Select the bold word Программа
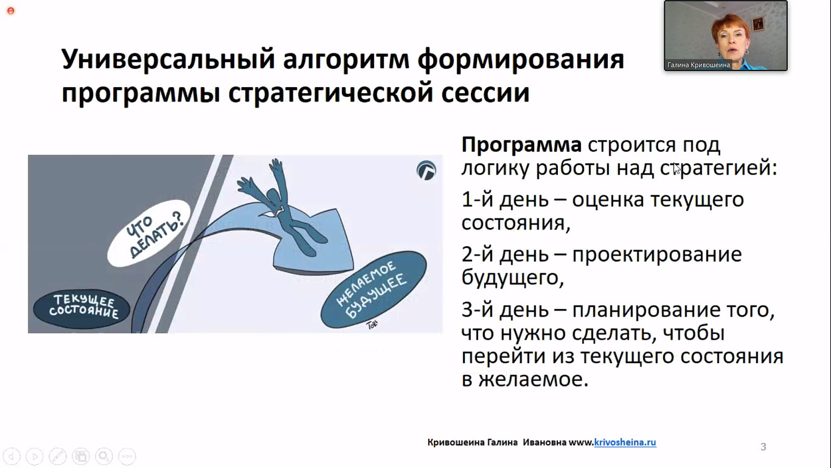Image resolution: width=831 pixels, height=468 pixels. point(521,145)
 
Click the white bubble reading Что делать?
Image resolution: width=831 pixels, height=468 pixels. point(148,233)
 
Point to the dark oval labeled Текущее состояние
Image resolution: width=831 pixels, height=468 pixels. point(82,308)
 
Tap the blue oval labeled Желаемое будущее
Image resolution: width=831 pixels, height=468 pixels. point(373,289)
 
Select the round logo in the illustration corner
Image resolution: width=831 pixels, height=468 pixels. point(426,170)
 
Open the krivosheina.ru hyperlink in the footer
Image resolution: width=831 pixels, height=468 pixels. point(624,442)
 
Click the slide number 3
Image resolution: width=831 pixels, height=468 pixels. point(763,447)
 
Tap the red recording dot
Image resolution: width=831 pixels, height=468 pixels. point(11,11)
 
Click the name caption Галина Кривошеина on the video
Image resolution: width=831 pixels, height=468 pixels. point(698,65)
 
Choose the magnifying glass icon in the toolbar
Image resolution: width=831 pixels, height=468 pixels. point(104,456)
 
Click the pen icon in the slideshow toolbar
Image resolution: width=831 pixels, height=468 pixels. point(58,456)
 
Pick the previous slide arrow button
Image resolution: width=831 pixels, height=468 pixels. point(12,456)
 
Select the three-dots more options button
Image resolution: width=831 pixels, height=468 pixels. point(127,456)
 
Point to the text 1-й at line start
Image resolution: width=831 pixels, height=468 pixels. point(477,200)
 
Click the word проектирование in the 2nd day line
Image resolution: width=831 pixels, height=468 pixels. point(656,255)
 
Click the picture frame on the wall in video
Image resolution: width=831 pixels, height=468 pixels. point(758,24)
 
